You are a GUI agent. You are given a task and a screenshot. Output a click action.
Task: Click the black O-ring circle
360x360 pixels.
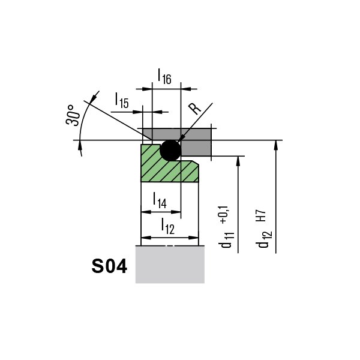pos(170,151)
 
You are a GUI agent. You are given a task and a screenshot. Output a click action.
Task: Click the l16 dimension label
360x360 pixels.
pos(164,76)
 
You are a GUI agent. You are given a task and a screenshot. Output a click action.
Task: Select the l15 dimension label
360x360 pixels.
pos(122,100)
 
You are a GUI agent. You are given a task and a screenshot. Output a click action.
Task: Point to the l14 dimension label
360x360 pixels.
pos(160,200)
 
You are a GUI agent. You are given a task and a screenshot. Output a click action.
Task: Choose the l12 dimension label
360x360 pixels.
pos(168,226)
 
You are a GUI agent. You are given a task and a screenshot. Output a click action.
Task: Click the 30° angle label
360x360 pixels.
pos(73,115)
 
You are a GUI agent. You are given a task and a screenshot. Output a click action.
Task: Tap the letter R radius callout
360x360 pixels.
pos(194,109)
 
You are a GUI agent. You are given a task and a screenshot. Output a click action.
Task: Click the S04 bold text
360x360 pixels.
pos(109,266)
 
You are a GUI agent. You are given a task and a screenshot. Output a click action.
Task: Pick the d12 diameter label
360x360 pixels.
pos(265,239)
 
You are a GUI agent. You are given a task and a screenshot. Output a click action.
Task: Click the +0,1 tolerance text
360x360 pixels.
pos(224,215)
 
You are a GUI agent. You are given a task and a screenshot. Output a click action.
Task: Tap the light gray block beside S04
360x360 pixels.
pos(170,264)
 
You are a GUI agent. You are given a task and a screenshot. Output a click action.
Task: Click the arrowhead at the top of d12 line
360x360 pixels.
pos(276,145)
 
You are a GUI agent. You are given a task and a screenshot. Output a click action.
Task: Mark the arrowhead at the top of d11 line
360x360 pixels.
pos(238,161)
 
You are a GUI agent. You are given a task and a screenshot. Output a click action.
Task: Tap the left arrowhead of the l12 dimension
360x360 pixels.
pos(146,238)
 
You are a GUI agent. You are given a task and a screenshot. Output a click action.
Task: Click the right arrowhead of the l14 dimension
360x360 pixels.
pos(176,212)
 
